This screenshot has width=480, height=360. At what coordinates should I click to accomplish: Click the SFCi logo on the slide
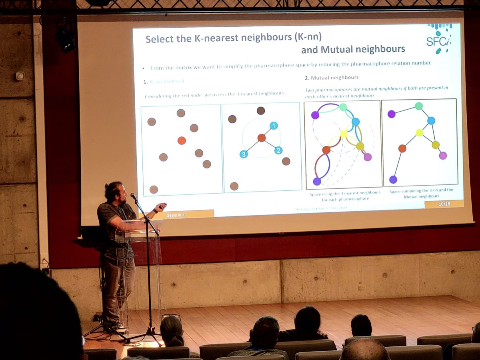(x=438, y=39)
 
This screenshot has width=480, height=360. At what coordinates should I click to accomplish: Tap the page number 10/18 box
(x=444, y=204)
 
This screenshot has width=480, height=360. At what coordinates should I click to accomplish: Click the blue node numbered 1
(x=273, y=126)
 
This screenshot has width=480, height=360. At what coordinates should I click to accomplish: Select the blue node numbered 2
(x=278, y=150)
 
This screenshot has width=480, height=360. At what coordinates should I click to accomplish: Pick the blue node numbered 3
(x=243, y=154)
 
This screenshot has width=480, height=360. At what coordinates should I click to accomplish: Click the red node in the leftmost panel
(x=182, y=140)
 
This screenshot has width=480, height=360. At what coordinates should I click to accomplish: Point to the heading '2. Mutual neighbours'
(x=332, y=77)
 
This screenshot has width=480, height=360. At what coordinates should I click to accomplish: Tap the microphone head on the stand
(x=133, y=196)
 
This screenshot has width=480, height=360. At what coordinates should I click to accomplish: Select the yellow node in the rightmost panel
(x=419, y=132)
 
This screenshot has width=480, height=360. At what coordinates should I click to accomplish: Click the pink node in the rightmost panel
(x=443, y=155)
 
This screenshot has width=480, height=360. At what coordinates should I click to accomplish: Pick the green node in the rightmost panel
(x=419, y=106)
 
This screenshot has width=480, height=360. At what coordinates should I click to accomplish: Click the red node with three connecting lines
(x=262, y=138)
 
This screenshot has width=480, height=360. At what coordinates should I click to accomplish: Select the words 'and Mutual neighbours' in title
(x=353, y=49)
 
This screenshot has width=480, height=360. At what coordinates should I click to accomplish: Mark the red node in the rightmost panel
(x=402, y=148)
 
